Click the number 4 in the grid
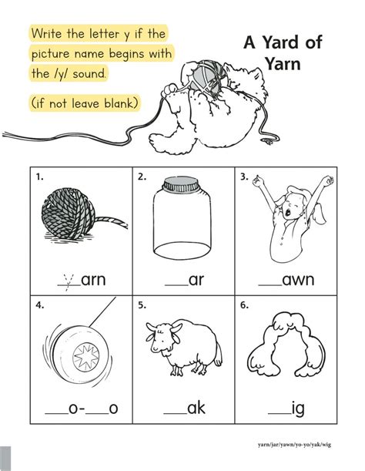tap(39, 306)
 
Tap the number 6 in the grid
tap(244, 306)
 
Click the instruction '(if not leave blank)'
tap(85, 103)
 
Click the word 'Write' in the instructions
tap(50, 34)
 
